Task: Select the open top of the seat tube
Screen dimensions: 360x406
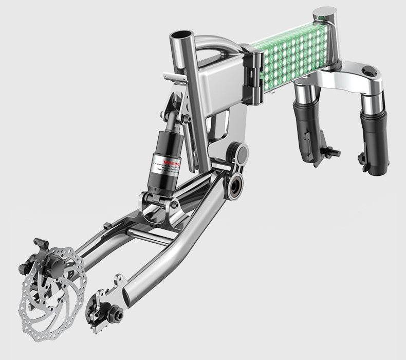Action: tap(182, 37)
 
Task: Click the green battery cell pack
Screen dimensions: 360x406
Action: tap(292, 54)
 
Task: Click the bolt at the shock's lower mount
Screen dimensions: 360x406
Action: tap(174, 204)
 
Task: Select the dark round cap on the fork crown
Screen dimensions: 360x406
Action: tap(368, 71)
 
